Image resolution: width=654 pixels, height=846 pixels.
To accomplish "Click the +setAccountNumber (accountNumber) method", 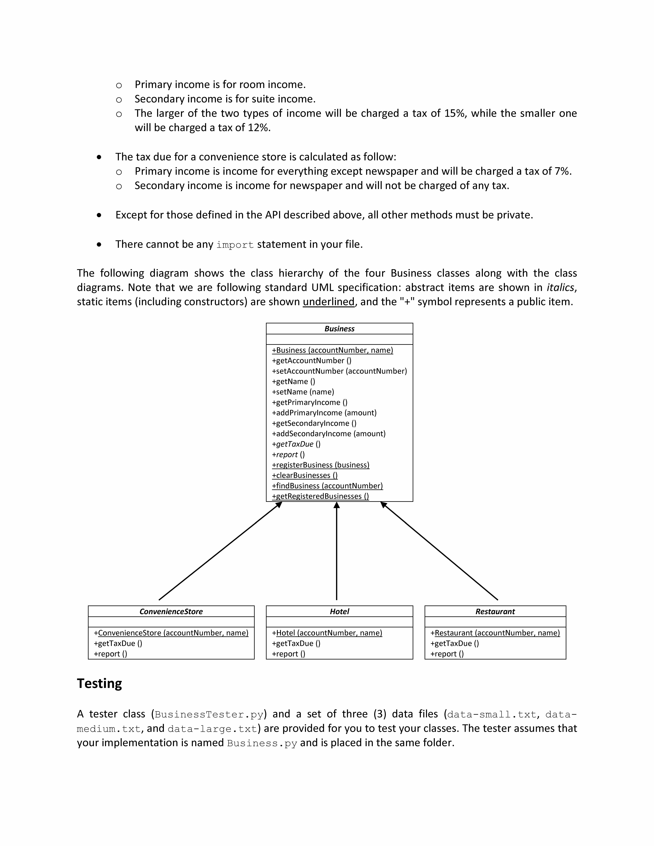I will tap(339, 371).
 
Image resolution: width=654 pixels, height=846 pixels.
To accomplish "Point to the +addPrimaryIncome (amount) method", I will tap(324, 413).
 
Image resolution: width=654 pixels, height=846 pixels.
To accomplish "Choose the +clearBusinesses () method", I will tap(305, 475).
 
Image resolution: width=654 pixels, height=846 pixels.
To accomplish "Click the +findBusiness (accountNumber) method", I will tap(327, 486).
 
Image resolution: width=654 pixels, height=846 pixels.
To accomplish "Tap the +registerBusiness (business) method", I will tap(320, 465).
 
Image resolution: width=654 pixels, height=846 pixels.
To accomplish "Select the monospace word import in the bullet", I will tap(235, 245).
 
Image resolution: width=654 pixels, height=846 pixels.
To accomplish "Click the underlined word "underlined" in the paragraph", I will tap(329, 302).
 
